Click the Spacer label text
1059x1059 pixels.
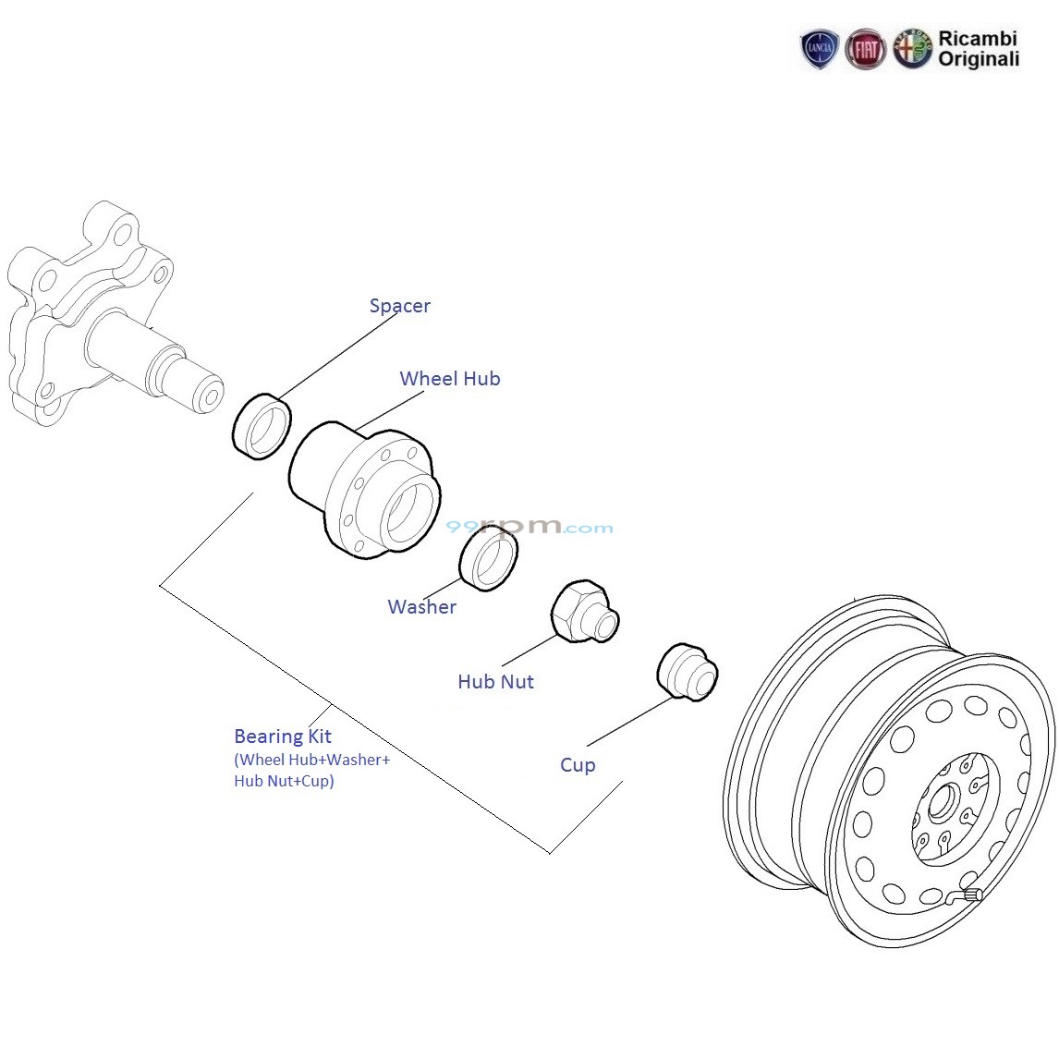coord(399,306)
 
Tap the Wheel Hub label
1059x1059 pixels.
coord(449,379)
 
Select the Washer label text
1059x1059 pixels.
coord(421,607)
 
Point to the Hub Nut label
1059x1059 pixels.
coord(495,682)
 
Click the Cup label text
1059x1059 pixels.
coord(578,765)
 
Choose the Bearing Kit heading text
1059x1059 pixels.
coord(282,736)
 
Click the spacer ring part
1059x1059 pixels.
coord(262,426)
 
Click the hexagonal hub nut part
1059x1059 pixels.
coord(581,611)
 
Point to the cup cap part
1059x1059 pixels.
coord(687,673)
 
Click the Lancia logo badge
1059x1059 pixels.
coord(819,50)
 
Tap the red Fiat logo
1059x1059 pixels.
coord(866,50)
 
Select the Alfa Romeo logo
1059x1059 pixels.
coord(912,50)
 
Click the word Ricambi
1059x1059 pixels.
coord(978,39)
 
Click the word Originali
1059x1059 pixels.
coord(979,60)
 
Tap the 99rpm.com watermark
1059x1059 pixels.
coord(529,528)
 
